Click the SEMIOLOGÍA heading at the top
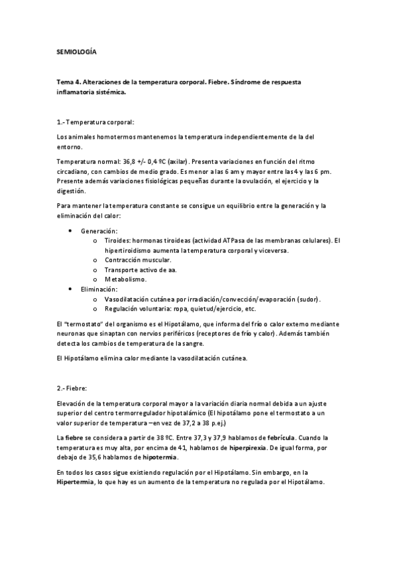[77, 50]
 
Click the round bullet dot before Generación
[71, 230]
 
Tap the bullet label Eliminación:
[99, 289]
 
